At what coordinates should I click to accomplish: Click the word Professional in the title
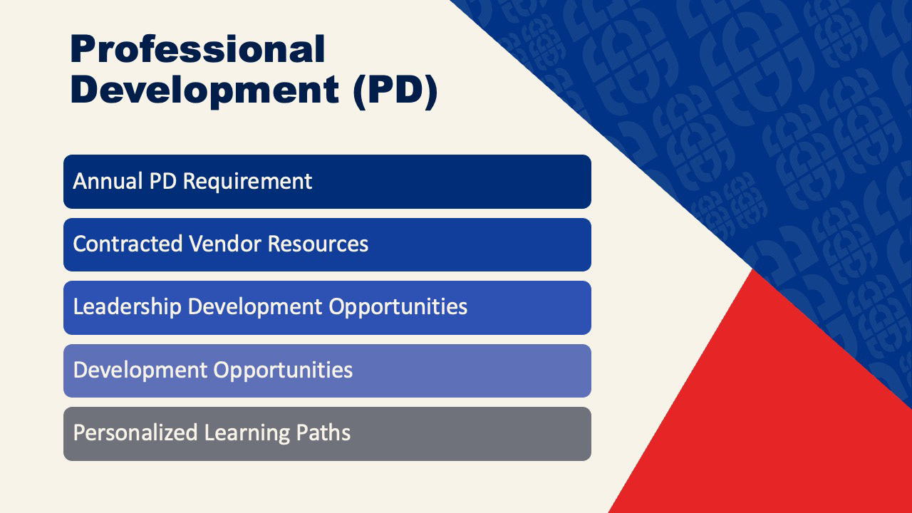[x=198, y=49]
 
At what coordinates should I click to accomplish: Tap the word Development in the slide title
[x=204, y=90]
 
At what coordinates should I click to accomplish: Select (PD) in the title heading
[x=395, y=92]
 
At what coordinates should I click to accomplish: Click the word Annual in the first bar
[x=108, y=181]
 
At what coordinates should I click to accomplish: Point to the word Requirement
[x=247, y=182]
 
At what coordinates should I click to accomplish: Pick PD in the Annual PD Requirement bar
[x=163, y=181]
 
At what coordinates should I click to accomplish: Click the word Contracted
[x=128, y=244]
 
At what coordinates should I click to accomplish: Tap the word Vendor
[x=225, y=244]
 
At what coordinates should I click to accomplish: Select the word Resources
[x=318, y=244]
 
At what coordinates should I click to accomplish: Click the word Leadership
[x=128, y=307]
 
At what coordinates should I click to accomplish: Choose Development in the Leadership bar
[x=255, y=307]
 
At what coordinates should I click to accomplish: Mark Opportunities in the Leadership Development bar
[x=398, y=307]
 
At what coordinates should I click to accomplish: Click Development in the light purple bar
[x=140, y=370]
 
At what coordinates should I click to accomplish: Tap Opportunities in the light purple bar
[x=283, y=370]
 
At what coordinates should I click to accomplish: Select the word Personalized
[x=135, y=432]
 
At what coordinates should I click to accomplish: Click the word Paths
[x=323, y=432]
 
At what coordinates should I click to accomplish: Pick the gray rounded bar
[x=327, y=434]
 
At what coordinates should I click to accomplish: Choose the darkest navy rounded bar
[x=327, y=182]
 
